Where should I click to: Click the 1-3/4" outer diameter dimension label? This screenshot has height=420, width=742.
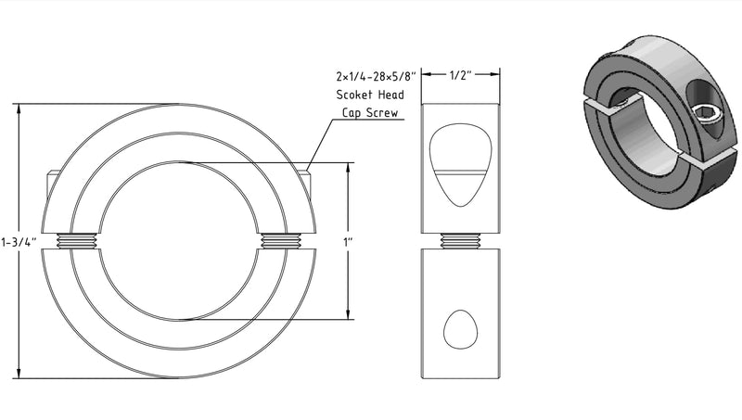(x=19, y=242)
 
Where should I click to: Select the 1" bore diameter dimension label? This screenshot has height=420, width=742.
(x=349, y=242)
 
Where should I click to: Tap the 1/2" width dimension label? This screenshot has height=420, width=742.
(x=461, y=75)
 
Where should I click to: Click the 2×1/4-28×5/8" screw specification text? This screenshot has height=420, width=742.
(x=376, y=76)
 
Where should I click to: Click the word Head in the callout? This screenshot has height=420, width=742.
(x=390, y=95)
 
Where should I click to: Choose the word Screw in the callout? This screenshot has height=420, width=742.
(x=382, y=113)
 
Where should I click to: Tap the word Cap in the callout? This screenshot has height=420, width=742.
(x=352, y=113)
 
